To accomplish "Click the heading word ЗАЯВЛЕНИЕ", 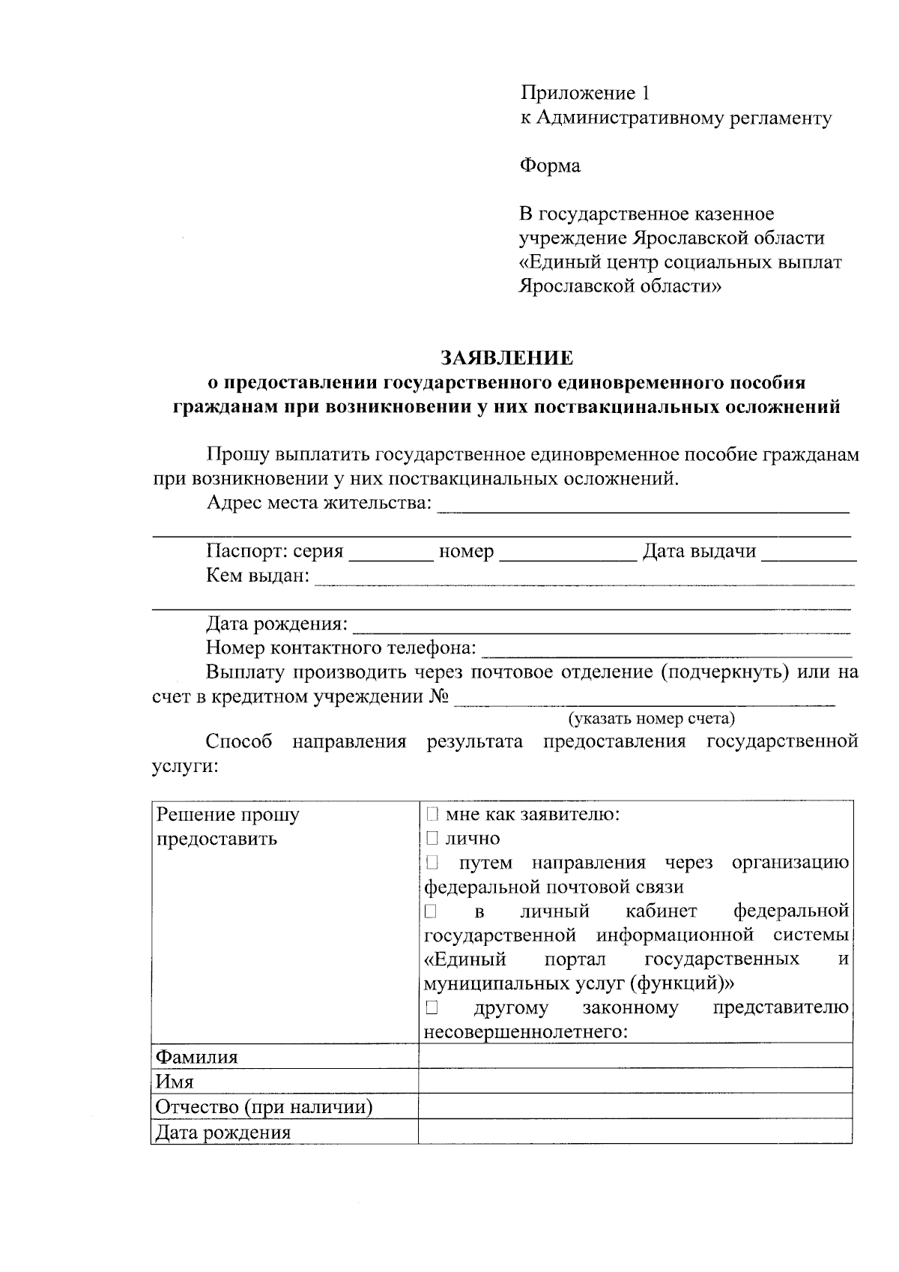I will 506,358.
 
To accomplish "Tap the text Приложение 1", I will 585,94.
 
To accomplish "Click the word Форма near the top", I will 550,166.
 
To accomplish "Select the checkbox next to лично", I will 432,838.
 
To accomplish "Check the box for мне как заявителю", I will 432,814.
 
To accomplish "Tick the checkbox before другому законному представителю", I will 432,1007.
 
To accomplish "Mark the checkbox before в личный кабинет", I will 432,911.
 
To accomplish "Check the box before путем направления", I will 432,863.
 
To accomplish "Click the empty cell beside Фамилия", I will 635,1057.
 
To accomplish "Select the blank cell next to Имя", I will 635,1082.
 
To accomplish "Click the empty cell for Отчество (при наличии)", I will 635,1106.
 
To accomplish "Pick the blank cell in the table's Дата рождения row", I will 635,1132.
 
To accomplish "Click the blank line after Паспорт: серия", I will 391,555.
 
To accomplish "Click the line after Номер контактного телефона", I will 667,650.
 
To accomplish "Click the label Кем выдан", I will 257,576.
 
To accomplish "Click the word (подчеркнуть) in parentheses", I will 724,672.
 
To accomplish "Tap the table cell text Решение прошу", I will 227,815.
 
